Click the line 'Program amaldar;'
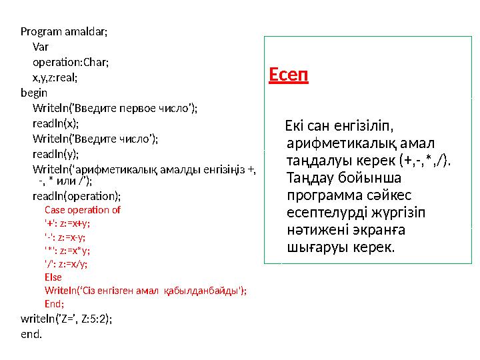[64, 31]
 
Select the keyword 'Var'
[40, 47]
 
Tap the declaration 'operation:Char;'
[70, 62]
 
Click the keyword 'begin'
[34, 93]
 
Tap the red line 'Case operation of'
[82, 209]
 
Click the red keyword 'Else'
[53, 277]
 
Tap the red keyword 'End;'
[54, 303]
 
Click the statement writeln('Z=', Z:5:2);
[67, 319]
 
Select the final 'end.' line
[31, 333]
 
